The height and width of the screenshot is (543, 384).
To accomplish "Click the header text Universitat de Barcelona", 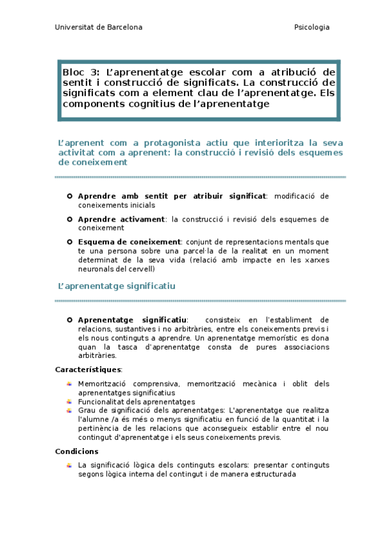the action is [99, 28].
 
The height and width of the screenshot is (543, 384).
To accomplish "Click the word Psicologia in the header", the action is [312, 28].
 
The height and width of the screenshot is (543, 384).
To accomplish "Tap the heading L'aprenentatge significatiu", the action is [117, 286].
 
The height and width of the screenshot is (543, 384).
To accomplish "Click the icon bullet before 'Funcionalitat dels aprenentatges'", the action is [69, 401].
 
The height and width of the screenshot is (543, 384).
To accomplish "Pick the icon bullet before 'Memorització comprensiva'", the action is [69, 384].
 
